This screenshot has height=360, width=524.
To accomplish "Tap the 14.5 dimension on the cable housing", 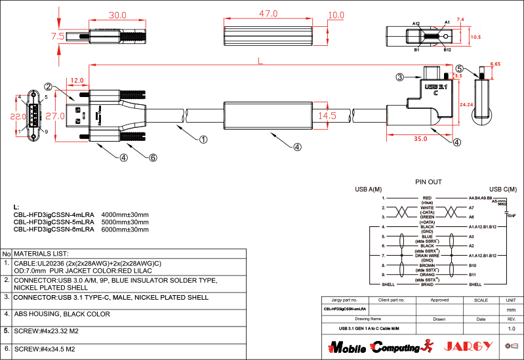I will pyautogui.click(x=328, y=115).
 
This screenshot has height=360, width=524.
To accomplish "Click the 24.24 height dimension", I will pyautogui.click(x=467, y=104).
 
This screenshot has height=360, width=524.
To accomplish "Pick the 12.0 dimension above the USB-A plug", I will pyautogui.click(x=77, y=81).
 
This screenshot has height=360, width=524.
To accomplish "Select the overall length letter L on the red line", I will pyautogui.click(x=260, y=62).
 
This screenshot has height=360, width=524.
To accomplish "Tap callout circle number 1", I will pyautogui.click(x=204, y=139).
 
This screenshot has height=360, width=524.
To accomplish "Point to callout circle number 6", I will pyautogui.click(x=153, y=157).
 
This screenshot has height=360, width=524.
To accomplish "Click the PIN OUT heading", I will pyautogui.click(x=429, y=182).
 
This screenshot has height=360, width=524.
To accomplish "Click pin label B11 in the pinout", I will pyautogui.click(x=472, y=273).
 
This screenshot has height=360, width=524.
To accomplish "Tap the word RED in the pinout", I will pyautogui.click(x=427, y=197).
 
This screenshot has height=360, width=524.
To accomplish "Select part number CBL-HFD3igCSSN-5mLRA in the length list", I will pyautogui.click(x=54, y=222).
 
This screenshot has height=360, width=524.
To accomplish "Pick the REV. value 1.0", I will pyautogui.click(x=512, y=327).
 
